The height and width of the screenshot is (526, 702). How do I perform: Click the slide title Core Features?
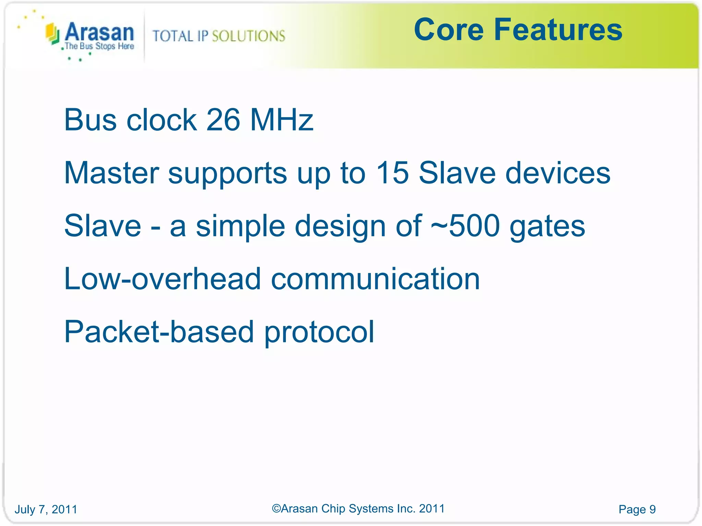(x=518, y=30)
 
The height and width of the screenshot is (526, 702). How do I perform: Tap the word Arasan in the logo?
(x=99, y=33)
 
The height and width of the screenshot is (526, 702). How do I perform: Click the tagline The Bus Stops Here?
(x=99, y=46)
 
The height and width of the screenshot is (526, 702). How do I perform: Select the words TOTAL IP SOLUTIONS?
(x=218, y=36)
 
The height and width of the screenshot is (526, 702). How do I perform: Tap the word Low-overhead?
(x=162, y=279)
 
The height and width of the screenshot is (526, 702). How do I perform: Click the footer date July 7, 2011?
(x=46, y=509)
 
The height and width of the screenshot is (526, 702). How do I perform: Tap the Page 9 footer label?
(x=637, y=509)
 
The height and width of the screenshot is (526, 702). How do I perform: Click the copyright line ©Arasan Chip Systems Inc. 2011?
(x=358, y=509)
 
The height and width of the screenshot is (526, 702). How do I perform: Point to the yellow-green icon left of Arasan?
(x=52, y=34)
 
